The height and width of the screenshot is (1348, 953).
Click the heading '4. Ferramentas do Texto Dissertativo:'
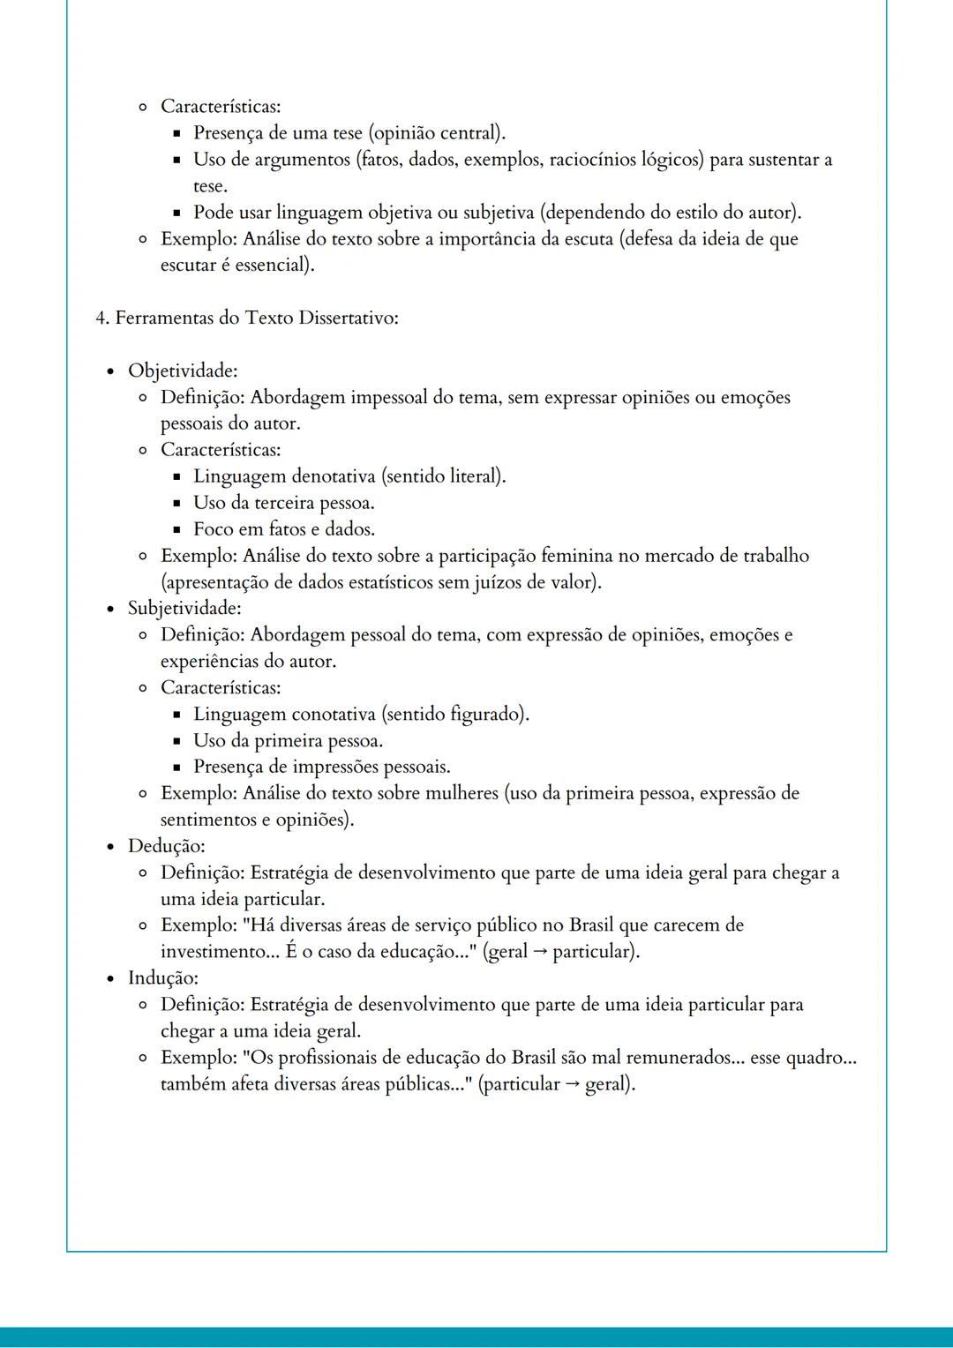(x=247, y=318)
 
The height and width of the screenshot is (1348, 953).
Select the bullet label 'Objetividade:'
(x=183, y=371)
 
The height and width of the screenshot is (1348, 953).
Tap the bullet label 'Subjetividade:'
(x=184, y=608)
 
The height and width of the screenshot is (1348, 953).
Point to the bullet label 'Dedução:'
(x=166, y=846)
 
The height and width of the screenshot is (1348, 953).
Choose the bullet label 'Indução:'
(x=162, y=977)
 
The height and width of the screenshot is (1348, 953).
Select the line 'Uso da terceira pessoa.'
(x=284, y=503)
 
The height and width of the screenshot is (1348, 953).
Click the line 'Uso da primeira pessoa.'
(x=288, y=740)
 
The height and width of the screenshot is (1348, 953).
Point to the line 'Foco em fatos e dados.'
(x=284, y=529)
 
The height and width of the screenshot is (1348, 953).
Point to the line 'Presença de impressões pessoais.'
(x=322, y=767)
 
